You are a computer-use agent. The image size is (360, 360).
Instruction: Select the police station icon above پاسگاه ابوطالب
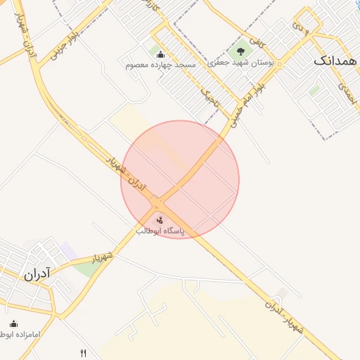pyautogui.click(x=160, y=221)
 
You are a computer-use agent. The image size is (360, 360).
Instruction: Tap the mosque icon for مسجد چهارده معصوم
pyautogui.click(x=160, y=55)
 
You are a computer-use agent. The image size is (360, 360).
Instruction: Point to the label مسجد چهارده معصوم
pyautogui.click(x=160, y=65)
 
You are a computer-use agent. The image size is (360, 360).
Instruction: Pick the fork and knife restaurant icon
pyautogui.click(x=84, y=353)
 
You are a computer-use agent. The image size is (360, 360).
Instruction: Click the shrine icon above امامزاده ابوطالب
pyautogui.click(x=13, y=324)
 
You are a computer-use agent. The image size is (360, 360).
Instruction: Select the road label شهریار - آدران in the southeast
pyautogui.click(x=284, y=315)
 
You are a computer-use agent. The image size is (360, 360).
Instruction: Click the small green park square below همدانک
pyautogui.click(x=314, y=90)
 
